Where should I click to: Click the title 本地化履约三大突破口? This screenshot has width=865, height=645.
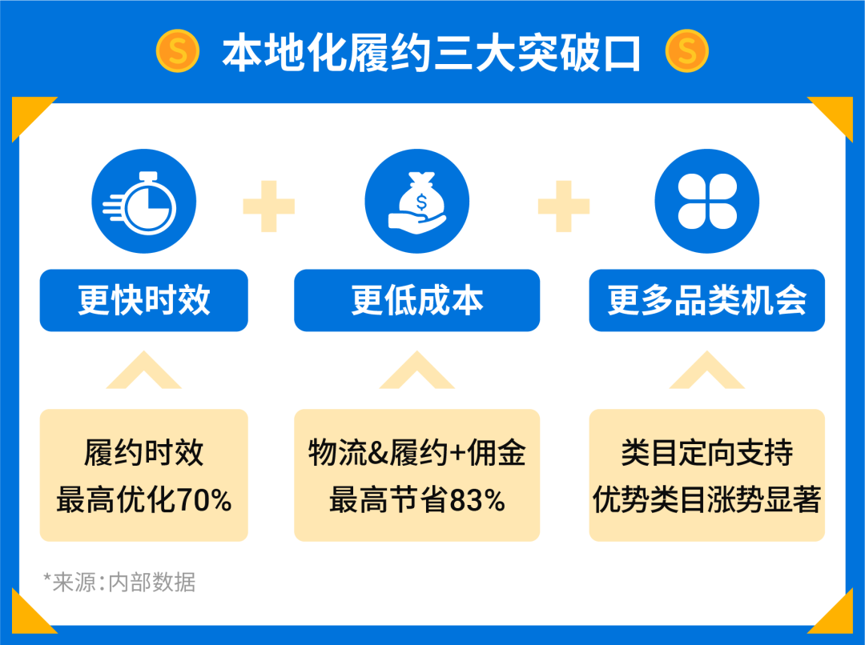[x=432, y=53]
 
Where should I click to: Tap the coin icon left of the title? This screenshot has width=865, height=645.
[x=177, y=52]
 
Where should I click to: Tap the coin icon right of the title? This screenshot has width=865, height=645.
[x=686, y=52]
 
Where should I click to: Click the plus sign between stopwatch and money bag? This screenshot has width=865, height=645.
[x=269, y=206]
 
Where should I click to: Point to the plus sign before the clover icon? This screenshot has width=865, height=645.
[x=564, y=206]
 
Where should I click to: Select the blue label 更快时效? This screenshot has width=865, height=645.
[x=144, y=300]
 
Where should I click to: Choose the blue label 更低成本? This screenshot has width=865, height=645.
[x=416, y=300]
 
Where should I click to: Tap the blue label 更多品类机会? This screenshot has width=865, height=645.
[x=706, y=300]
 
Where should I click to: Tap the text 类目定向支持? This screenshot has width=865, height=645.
[x=706, y=453]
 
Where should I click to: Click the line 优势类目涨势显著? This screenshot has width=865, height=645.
[x=706, y=501]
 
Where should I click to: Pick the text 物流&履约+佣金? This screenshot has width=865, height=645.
[x=416, y=453]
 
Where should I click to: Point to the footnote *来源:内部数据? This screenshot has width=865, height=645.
[x=119, y=582]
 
